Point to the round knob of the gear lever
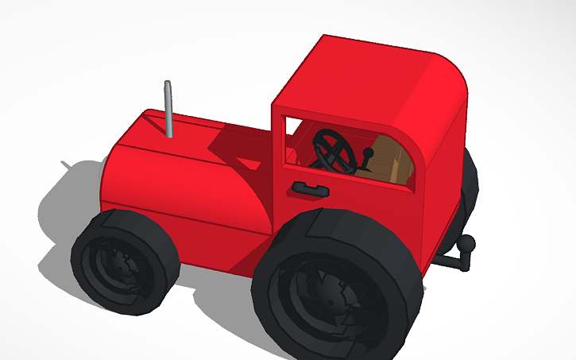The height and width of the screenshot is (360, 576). (x=369, y=152)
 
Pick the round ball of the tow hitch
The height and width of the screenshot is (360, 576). (x=467, y=243)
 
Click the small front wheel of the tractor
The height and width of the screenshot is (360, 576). (x=123, y=258)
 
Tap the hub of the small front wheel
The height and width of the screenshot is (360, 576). (x=118, y=265)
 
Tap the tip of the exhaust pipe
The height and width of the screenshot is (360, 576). (x=167, y=83)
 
